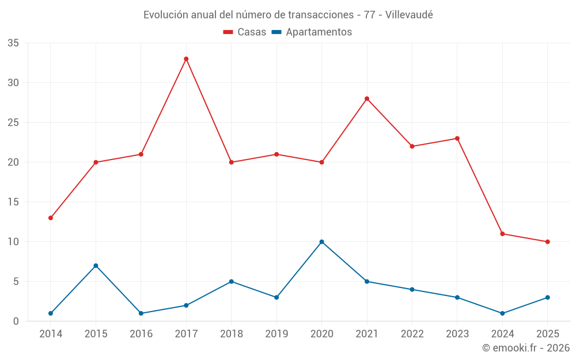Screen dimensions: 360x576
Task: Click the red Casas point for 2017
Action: click(186, 59)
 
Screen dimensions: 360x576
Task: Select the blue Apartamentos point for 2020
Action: click(321, 242)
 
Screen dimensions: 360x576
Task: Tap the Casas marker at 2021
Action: click(367, 98)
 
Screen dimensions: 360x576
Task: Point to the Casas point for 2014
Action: click(51, 218)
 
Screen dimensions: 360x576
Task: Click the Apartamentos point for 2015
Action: click(96, 266)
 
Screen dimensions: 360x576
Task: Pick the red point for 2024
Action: click(502, 234)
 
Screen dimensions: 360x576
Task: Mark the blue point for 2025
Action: click(547, 297)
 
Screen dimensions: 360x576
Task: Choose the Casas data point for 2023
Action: click(457, 138)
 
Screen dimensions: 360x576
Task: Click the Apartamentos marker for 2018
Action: click(231, 282)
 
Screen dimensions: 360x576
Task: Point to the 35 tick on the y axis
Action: click(13, 43)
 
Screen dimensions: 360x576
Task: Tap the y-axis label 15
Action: click(13, 202)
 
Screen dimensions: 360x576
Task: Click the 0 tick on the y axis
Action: click(16, 321)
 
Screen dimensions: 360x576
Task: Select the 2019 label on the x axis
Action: click(276, 334)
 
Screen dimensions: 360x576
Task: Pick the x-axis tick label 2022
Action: click(412, 334)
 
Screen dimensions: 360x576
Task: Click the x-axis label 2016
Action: click(141, 334)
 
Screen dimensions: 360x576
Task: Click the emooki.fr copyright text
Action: click(526, 348)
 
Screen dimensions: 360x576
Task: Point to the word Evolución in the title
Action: click(164, 14)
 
